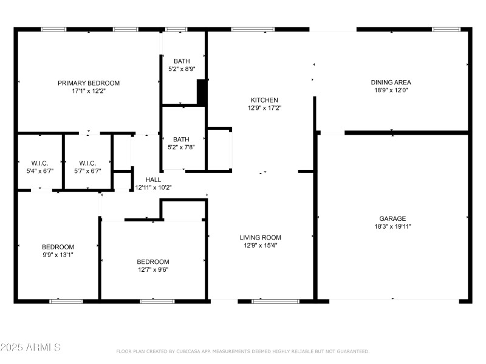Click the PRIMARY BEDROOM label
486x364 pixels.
(x=89, y=83)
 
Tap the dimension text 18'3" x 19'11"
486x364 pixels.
(x=392, y=226)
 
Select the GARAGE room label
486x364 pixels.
(x=392, y=218)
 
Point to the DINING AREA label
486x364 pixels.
(x=391, y=83)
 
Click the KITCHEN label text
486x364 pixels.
(x=264, y=100)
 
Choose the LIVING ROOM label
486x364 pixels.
(x=260, y=238)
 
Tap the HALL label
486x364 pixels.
(x=153, y=180)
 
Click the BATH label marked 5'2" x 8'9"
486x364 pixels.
(x=182, y=61)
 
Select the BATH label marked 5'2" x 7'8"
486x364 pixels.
(x=182, y=139)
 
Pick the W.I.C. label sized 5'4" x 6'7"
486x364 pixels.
(x=39, y=163)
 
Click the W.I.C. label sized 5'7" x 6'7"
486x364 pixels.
(x=87, y=163)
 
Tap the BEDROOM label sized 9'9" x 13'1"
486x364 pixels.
(x=58, y=247)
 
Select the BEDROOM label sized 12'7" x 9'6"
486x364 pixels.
(x=152, y=262)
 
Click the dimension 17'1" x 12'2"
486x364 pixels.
(x=89, y=91)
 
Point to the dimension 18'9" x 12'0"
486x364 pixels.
(x=391, y=90)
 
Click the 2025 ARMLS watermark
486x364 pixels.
(x=30, y=348)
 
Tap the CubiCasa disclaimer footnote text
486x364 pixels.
(x=242, y=351)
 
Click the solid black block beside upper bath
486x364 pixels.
(x=202, y=93)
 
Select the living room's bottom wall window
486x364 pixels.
(x=275, y=300)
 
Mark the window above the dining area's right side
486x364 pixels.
(x=446, y=29)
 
